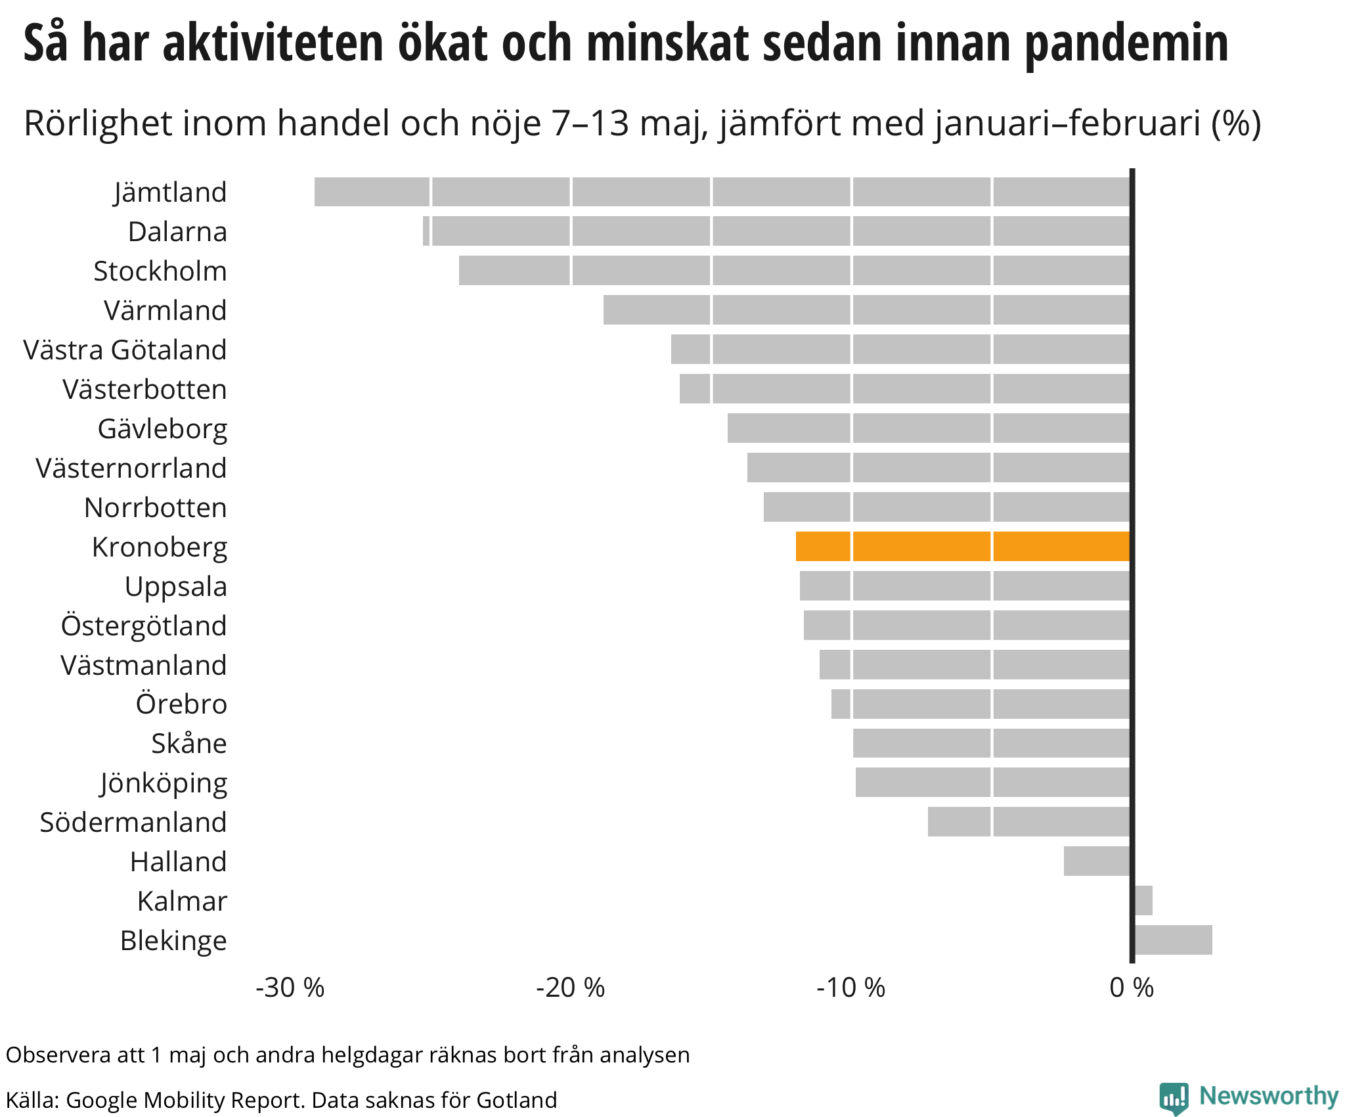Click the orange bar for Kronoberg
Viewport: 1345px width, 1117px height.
963,546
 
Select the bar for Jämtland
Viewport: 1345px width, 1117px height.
722,192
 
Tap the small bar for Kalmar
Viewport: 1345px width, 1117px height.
1143,900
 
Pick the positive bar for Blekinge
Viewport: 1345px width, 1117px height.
1173,940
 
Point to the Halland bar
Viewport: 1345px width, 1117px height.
1097,861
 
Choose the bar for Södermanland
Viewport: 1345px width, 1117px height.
1028,822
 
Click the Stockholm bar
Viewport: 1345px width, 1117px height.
795,271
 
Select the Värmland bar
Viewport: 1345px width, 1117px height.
867,310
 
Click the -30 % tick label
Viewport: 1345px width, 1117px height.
290,988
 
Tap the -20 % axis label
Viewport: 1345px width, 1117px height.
570,988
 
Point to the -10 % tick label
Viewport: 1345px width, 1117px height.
850,988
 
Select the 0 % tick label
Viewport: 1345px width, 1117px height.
1131,988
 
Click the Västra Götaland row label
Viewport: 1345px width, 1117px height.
125,350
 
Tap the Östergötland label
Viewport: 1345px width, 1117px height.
144,626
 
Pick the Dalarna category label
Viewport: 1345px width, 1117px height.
177,232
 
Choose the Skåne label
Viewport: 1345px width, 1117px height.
189,744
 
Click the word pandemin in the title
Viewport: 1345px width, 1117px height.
1126,43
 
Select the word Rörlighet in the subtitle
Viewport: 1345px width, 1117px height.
98,124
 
